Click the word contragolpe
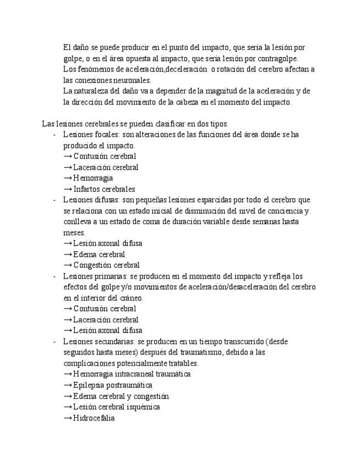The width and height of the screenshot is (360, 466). point(278,58)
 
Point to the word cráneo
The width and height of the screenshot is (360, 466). point(129,298)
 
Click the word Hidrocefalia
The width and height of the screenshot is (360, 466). point(94,418)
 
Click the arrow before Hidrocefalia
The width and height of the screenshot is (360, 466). point(68,418)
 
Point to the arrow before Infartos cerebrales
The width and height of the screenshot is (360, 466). point(68,189)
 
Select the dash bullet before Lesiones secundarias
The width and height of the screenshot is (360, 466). point(54,341)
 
